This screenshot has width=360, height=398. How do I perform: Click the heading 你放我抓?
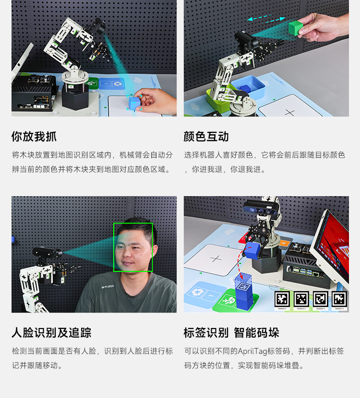point(34,137)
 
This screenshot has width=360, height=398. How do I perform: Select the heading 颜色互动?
point(206,137)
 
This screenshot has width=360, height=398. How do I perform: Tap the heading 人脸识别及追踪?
point(51,333)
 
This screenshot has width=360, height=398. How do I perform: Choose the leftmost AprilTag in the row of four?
point(282,299)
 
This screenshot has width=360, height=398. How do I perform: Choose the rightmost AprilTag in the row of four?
point(339,299)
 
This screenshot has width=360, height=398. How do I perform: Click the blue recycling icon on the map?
point(197,293)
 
